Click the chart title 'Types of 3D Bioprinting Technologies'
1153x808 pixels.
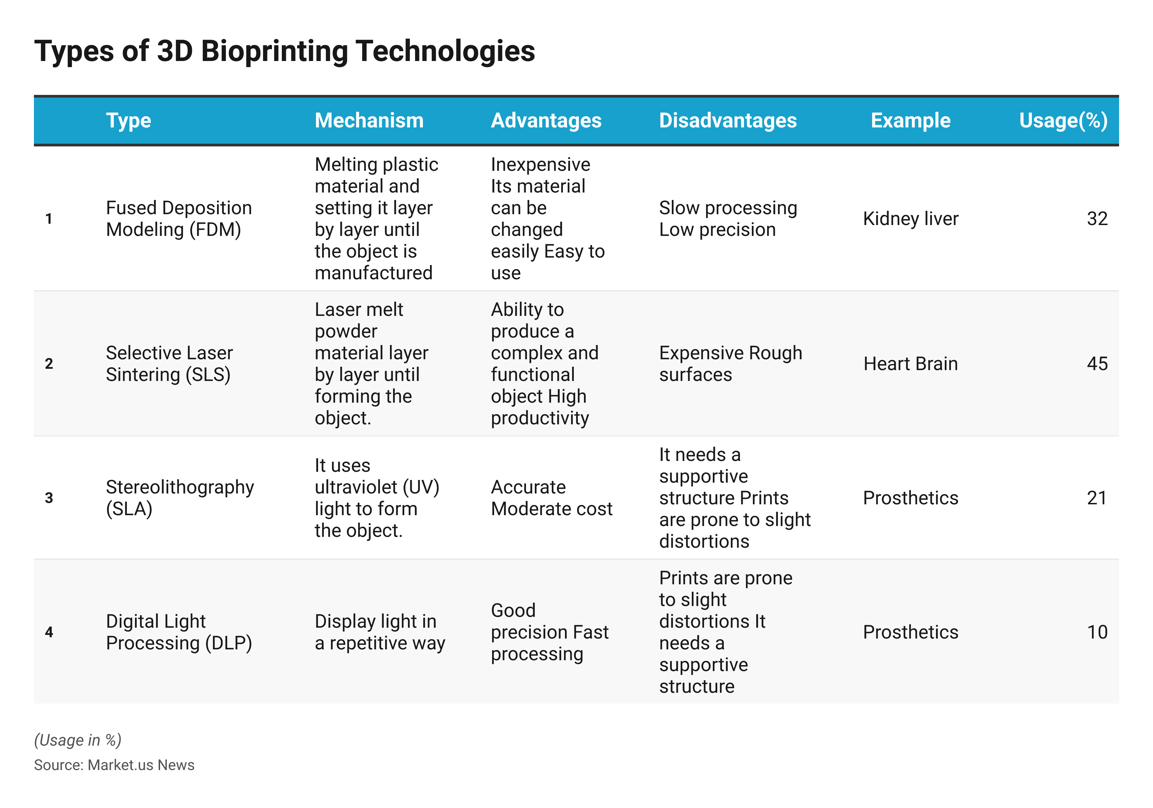(284, 51)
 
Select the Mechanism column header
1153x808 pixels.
(369, 120)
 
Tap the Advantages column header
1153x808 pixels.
(546, 120)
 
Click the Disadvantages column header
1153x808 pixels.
(728, 120)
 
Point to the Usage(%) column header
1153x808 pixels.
(1063, 120)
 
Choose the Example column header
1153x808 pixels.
(911, 120)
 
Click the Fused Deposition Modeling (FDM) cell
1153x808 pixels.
(179, 218)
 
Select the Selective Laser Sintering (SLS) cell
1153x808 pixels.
(169, 363)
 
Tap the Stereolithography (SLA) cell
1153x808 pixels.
(180, 498)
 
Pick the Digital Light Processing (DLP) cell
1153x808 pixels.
(179, 632)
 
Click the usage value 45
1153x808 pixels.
(1097, 363)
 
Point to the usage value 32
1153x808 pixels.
(1097, 218)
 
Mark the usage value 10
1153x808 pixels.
(1097, 632)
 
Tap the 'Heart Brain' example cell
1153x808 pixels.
(911, 363)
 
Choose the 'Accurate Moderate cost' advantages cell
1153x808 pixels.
(551, 498)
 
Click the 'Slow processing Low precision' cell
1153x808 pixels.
(728, 218)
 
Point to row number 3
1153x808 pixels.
(49, 498)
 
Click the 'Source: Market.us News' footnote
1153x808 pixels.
(114, 765)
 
